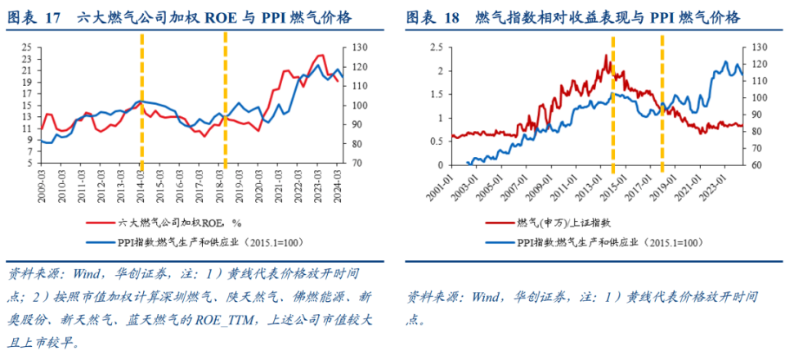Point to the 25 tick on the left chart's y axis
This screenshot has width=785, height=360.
coord(27,47)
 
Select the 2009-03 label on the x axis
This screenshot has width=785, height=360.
coord(41,183)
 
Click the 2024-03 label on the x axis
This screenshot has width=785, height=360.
coord(336,183)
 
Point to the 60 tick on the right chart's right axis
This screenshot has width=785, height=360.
coord(752,164)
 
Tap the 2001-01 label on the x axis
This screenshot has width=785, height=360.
coord(442,183)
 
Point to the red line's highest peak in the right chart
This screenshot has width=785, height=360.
coord(606,56)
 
